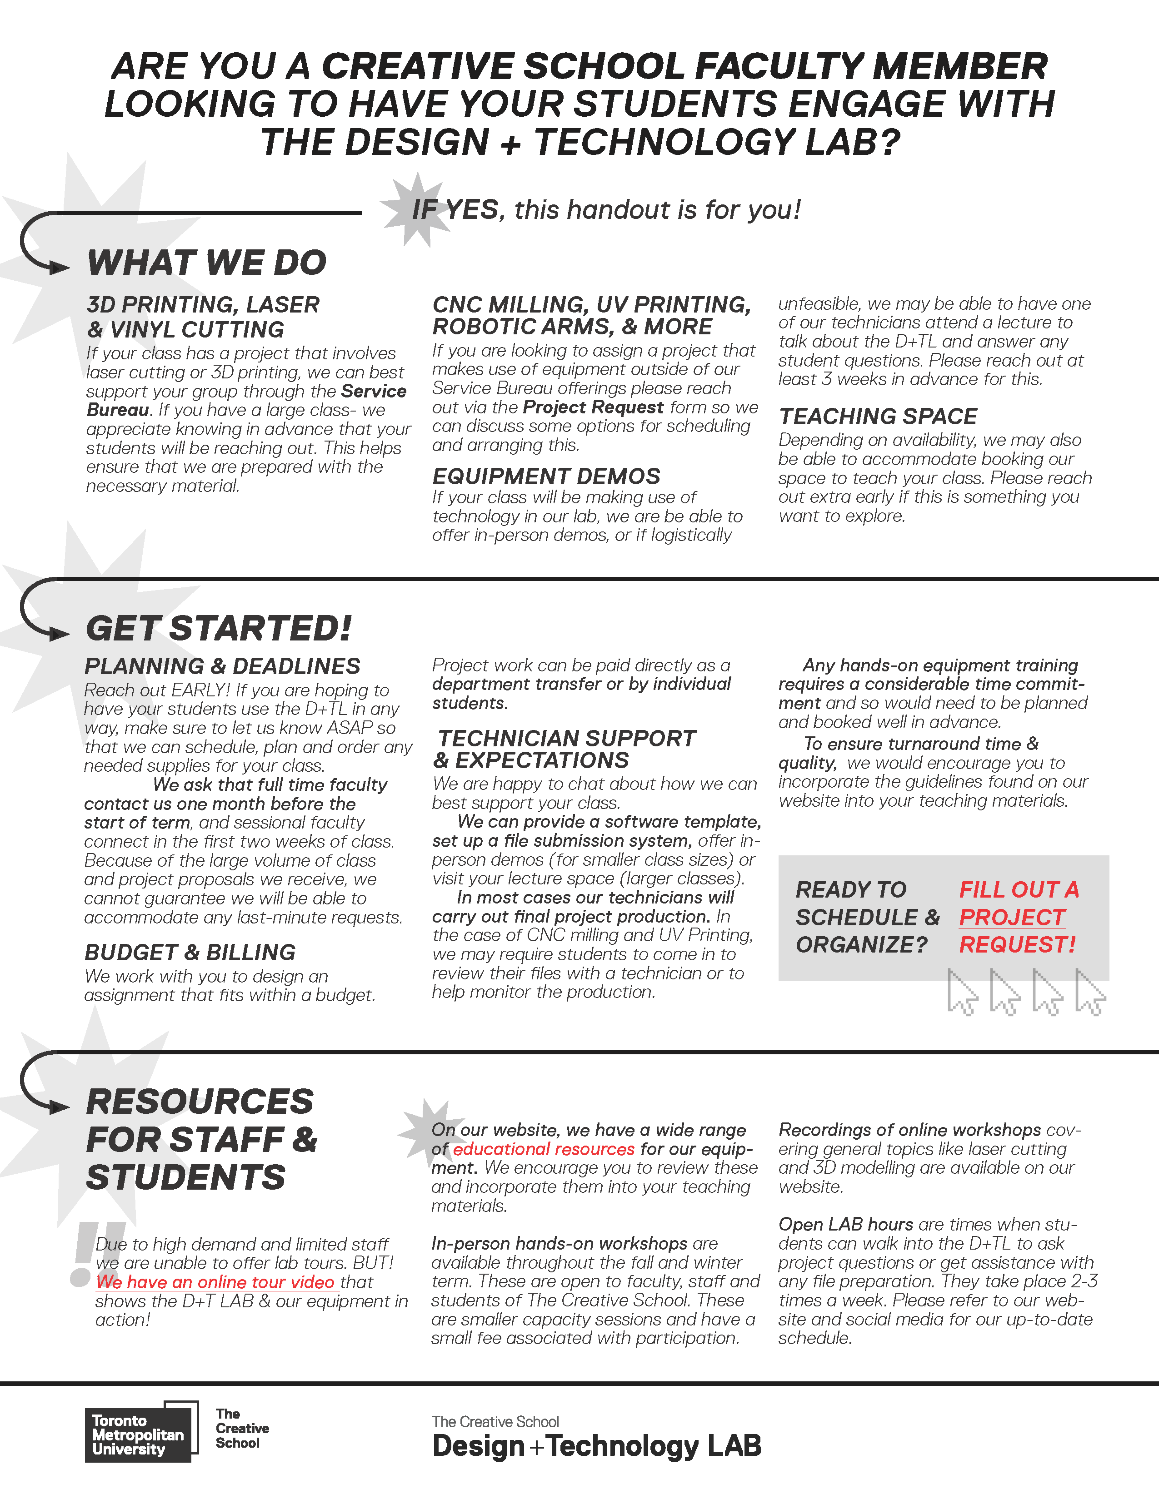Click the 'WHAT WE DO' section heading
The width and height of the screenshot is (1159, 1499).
coord(207,263)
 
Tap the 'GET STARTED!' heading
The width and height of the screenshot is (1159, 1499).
coord(218,629)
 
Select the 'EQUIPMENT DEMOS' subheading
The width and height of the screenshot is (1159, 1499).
coord(546,477)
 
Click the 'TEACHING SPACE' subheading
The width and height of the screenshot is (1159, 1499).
coord(878,417)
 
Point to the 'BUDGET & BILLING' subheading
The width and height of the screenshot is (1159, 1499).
coord(190,953)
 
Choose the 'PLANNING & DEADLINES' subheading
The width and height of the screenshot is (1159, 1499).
coord(222,666)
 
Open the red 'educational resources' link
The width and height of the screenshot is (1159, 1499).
coord(543,1149)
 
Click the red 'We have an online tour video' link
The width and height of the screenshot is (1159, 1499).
coord(215,1282)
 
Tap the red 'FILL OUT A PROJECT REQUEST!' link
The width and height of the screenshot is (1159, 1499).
coord(1018,918)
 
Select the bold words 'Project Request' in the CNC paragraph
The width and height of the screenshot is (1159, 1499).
coord(593,407)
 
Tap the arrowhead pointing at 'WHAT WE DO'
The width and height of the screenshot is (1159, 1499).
coord(59,268)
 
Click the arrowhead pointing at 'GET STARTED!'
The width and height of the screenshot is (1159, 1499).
coord(59,634)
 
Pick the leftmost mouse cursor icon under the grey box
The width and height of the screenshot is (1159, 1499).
coord(962,993)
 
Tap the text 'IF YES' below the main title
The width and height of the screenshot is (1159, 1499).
coord(455,210)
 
